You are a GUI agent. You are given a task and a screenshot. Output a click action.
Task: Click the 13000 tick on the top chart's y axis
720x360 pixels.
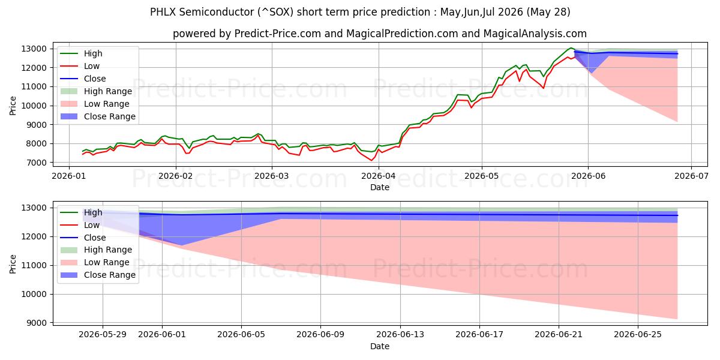[34, 49]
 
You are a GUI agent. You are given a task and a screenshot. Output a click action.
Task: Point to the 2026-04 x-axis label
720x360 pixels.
[379, 176]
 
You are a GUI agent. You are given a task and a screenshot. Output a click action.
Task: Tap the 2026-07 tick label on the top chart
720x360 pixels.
[691, 176]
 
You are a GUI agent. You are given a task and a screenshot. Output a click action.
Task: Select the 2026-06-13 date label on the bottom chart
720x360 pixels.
[400, 335]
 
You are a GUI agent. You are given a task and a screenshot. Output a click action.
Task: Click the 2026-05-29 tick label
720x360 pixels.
[103, 335]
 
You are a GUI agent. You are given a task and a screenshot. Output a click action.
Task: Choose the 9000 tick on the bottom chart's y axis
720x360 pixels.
[36, 323]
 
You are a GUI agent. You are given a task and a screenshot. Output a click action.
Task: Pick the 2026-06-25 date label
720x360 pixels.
[638, 335]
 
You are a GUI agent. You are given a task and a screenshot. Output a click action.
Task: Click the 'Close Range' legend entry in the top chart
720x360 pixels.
[98, 116]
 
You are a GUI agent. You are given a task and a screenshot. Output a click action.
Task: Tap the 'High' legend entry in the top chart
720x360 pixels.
[82, 53]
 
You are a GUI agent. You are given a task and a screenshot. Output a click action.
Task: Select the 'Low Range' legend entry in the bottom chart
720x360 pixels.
[95, 262]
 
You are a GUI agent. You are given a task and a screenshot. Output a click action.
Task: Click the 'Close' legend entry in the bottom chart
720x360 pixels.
[83, 238]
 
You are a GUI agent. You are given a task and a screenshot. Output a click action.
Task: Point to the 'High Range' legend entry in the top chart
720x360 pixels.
[96, 91]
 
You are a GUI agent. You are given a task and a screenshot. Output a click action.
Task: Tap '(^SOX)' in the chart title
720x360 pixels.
[275, 12]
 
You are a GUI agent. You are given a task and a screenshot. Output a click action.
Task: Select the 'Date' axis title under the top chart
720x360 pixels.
[380, 187]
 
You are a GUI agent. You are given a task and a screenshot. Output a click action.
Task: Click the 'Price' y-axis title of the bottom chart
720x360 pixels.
[13, 264]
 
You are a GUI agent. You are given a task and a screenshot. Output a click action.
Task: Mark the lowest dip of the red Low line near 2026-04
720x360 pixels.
[371, 160]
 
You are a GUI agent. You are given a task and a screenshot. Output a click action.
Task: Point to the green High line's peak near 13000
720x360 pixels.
[571, 48]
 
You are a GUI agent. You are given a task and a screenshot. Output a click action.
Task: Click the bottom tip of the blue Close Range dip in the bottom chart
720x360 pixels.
[182, 245]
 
